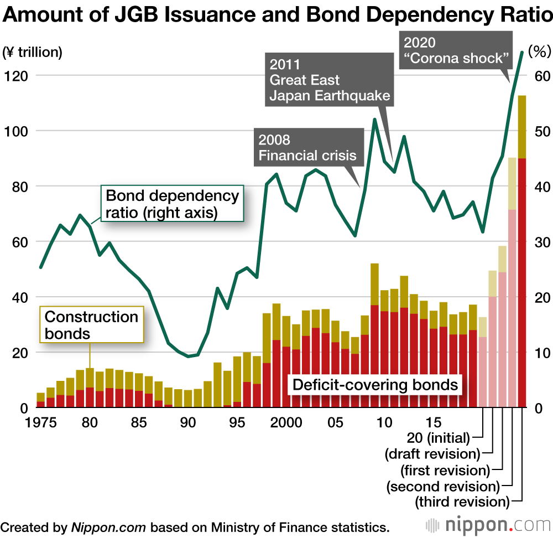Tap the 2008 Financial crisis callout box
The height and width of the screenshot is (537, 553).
[x=308, y=147]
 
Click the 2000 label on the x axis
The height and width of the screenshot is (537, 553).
[x=286, y=422]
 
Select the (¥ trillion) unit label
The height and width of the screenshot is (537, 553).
[x=33, y=53]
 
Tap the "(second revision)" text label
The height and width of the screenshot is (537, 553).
[x=443, y=486]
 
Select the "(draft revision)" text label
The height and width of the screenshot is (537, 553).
[x=432, y=454]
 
